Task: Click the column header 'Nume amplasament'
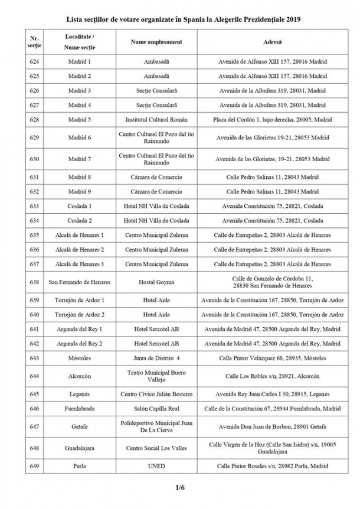[x=156, y=43]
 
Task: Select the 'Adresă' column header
[x=272, y=43]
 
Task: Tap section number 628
[x=34, y=119]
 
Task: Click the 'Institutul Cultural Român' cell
[x=156, y=119]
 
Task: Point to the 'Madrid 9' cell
[x=80, y=191]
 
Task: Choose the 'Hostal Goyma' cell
[x=156, y=282]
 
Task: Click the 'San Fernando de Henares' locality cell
[x=80, y=282]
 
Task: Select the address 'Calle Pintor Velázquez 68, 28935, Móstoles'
[x=272, y=358]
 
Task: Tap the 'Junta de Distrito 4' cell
[x=156, y=358]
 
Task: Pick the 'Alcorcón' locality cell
[x=80, y=376]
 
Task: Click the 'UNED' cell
[x=156, y=466]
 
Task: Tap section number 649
[x=34, y=466]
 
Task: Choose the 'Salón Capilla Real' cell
[x=156, y=408]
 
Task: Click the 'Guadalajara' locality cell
[x=80, y=448]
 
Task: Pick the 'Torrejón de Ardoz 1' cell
[x=80, y=299]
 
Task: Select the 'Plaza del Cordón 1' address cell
[x=272, y=119]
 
